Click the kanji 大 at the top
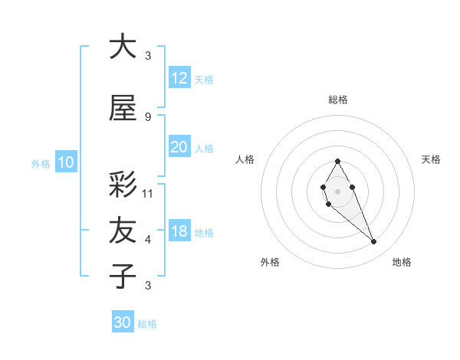[x=123, y=47]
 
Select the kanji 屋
[x=123, y=109]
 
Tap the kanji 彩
[x=123, y=185]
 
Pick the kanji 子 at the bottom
[x=123, y=276]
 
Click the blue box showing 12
[x=179, y=78]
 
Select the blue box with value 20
[x=179, y=147]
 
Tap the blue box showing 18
[x=179, y=232]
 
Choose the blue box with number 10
[x=66, y=162]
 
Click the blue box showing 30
[x=123, y=322]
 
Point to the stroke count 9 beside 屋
[x=148, y=116]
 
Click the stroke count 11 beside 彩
[x=148, y=193]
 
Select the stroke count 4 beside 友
[x=148, y=240]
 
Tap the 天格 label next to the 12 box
[x=204, y=80]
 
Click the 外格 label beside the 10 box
[x=41, y=163]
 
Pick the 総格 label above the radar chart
[x=337, y=100]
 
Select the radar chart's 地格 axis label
[x=402, y=262]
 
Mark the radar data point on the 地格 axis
[x=374, y=242]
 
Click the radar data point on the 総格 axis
[x=337, y=161]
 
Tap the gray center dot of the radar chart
[x=337, y=190]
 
